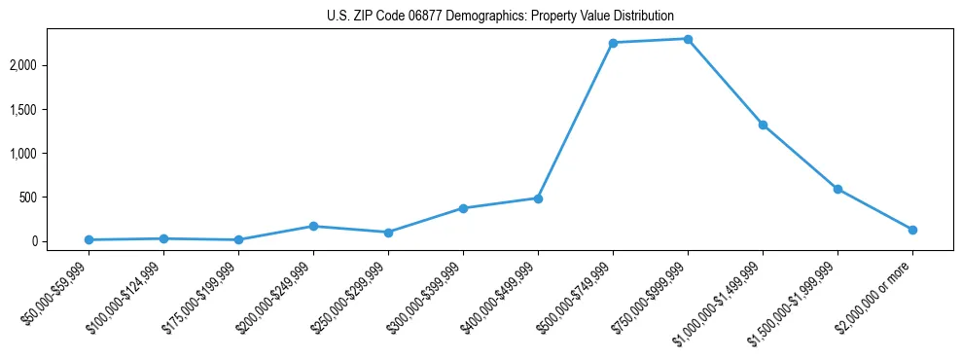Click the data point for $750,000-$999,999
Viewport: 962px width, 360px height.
tap(688, 39)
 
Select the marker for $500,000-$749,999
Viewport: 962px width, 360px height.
tap(613, 43)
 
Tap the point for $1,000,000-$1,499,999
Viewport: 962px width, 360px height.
tap(763, 125)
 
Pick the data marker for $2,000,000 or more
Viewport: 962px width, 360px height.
tap(912, 230)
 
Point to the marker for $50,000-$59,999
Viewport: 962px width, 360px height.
tap(89, 239)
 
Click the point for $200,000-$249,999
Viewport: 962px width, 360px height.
tap(313, 226)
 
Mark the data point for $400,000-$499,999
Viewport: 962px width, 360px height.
tap(538, 198)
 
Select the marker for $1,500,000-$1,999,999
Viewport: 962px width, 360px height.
tap(837, 189)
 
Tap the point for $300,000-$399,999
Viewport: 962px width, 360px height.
tap(463, 208)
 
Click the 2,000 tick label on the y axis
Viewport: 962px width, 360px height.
tap(51, 65)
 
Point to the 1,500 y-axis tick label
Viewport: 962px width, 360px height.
tap(51, 110)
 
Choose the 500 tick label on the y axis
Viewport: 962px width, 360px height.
tap(55, 198)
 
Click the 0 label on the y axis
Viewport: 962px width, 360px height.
tap(60, 241)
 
